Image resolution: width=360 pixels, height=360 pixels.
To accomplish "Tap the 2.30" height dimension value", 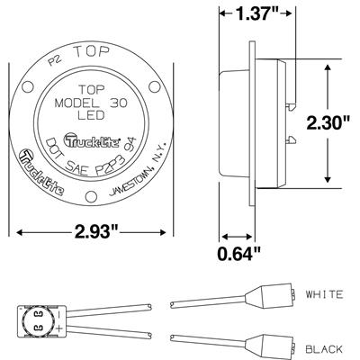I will (326, 124).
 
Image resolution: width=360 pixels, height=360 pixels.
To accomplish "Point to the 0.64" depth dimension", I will (238, 255).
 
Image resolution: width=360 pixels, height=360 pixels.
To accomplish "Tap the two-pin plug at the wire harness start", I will (36, 319).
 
